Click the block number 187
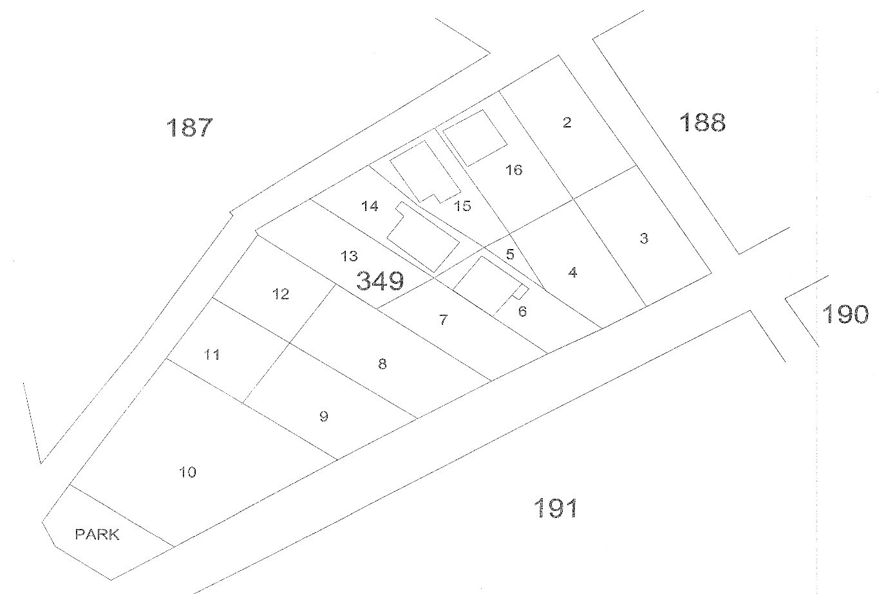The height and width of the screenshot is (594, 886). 189,127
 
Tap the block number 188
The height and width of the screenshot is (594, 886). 702,122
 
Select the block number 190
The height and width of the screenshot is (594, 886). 845,314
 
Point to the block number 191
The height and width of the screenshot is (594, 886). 556,508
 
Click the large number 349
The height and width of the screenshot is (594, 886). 380,281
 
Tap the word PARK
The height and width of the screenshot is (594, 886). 97,534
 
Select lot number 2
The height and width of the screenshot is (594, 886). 567,122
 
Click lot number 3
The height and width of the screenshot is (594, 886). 644,239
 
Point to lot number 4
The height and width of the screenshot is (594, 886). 572,272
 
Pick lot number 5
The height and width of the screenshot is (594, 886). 510,254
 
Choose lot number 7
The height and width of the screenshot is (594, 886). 443,320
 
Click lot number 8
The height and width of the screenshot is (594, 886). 382,364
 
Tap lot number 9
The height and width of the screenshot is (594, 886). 323,416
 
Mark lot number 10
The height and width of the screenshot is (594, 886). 187,472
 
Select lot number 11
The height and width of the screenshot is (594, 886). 212,355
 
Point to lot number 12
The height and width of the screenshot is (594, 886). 280,295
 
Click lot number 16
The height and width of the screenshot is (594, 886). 514,170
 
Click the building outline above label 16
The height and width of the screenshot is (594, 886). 475,138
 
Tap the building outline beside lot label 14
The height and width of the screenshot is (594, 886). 422,238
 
